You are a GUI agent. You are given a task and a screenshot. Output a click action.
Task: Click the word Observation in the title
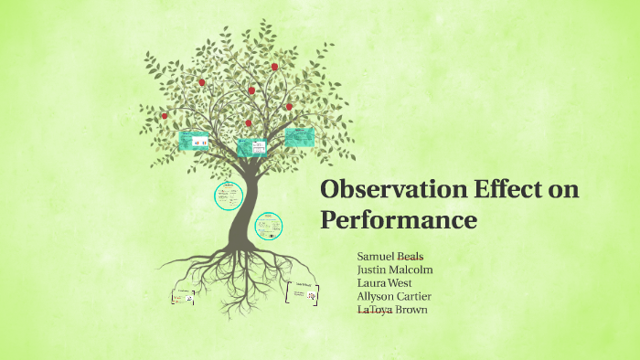click(383, 191)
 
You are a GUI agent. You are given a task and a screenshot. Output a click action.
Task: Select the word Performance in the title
click(398, 220)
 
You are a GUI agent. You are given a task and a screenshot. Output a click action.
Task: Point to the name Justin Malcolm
click(394, 270)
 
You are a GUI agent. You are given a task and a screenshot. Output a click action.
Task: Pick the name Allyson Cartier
click(394, 296)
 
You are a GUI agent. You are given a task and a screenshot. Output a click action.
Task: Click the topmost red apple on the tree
click(273, 67)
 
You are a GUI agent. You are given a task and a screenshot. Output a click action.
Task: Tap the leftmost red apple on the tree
click(165, 116)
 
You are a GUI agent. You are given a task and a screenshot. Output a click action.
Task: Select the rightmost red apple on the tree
click(289, 107)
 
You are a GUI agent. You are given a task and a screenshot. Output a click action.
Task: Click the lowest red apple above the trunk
click(248, 122)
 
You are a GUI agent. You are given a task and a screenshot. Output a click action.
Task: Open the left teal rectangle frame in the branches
click(194, 140)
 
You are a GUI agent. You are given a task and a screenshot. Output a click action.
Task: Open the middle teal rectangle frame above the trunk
click(251, 147)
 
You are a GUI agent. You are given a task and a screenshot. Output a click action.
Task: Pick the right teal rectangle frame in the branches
click(298, 138)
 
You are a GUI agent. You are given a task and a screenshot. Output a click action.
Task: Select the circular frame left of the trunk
click(228, 195)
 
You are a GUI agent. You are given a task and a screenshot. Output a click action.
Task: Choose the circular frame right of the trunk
click(268, 225)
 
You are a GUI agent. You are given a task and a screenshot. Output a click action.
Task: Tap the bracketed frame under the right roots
click(303, 293)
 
